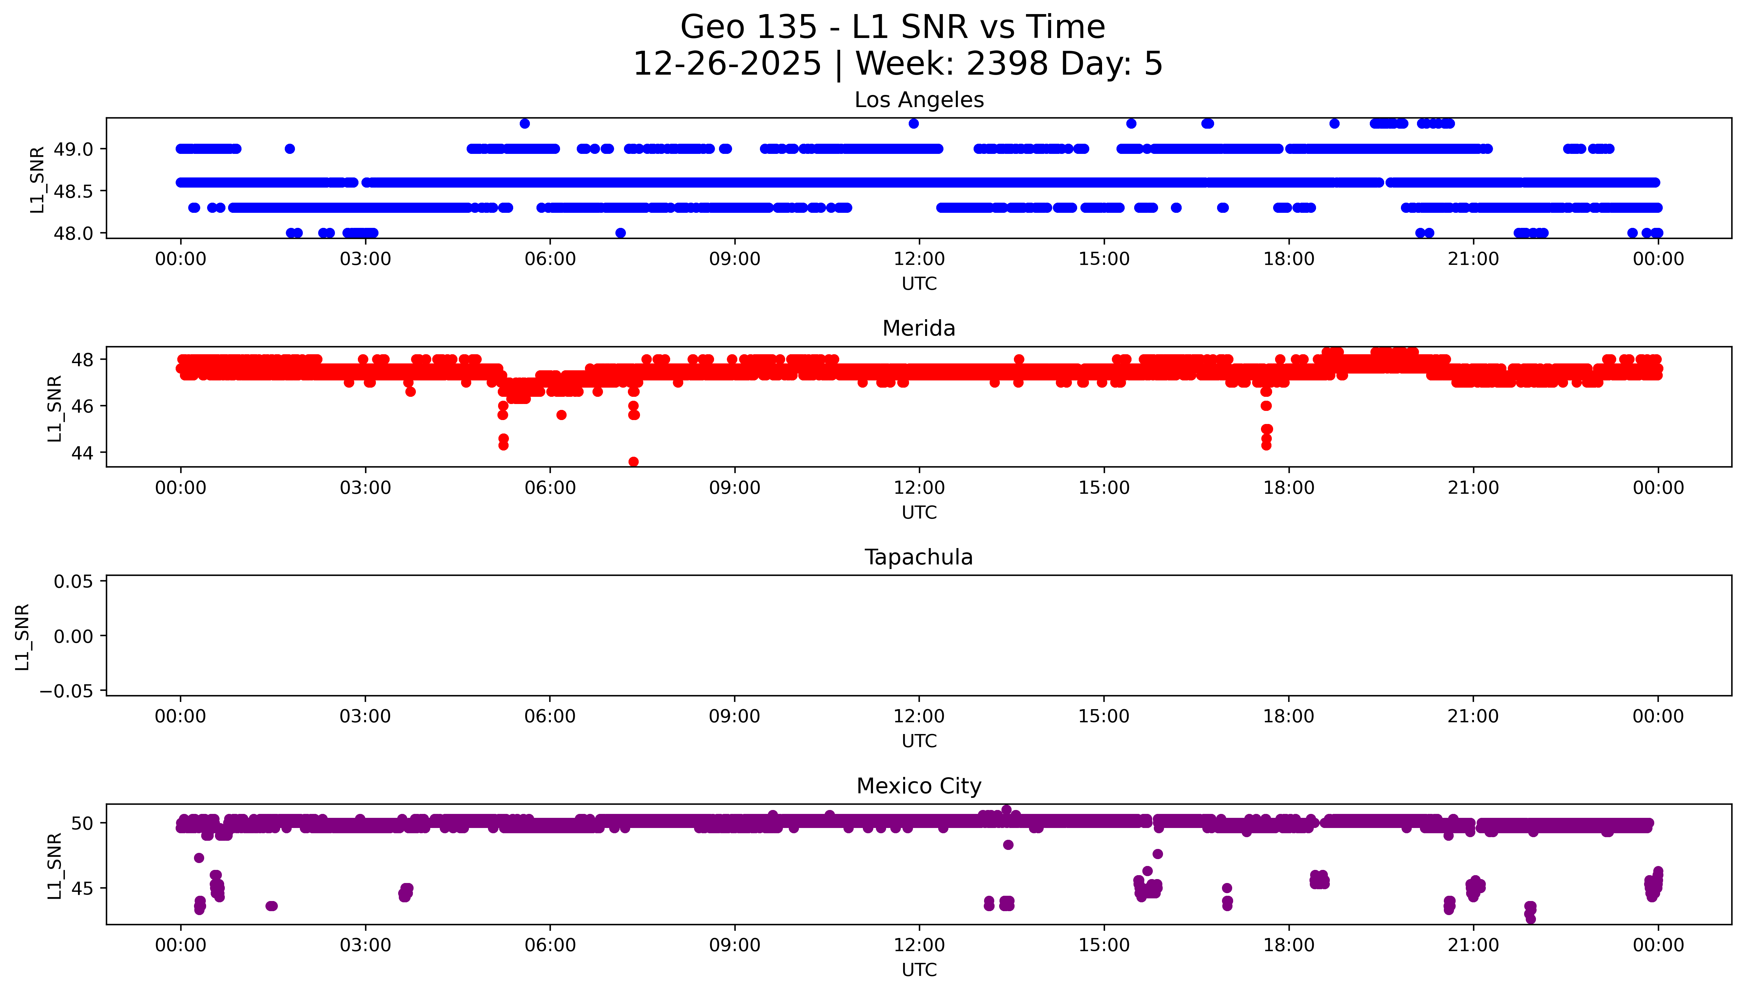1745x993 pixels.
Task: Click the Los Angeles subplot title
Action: point(919,100)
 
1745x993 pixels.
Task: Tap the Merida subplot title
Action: point(919,329)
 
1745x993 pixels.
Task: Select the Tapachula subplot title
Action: point(919,557)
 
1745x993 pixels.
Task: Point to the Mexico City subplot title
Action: point(919,786)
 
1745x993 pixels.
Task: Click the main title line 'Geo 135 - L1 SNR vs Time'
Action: point(893,27)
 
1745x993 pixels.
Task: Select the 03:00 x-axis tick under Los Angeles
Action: point(365,259)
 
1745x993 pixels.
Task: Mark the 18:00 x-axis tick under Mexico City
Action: point(1289,945)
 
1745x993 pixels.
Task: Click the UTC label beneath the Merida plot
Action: point(919,512)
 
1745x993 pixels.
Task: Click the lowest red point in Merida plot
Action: point(633,462)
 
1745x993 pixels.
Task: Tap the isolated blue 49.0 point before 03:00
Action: point(289,149)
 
